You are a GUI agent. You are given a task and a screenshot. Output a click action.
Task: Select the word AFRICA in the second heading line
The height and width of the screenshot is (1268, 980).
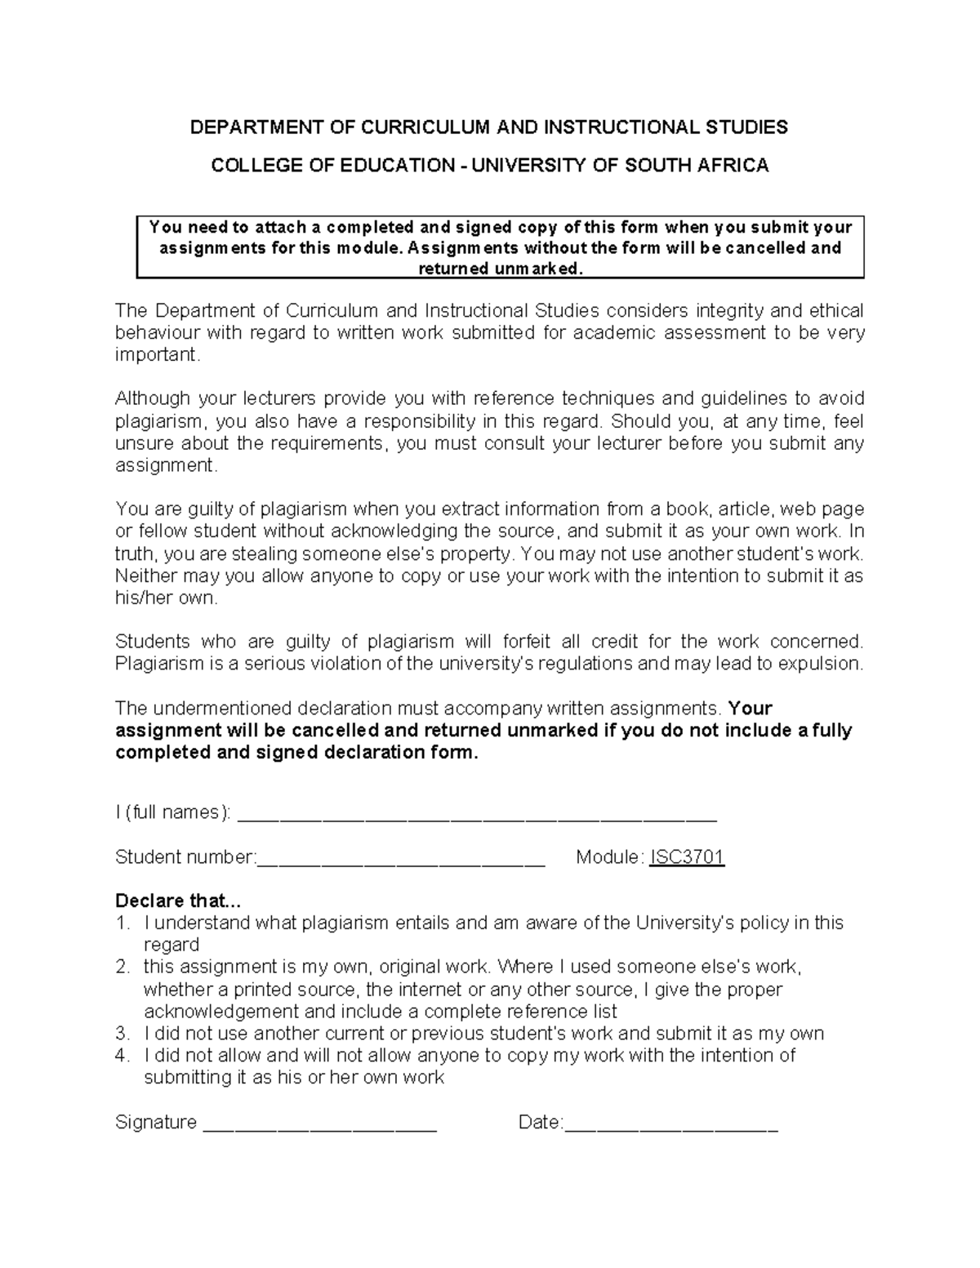coord(733,166)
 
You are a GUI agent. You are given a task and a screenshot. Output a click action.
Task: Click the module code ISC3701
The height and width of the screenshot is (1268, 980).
coord(687,857)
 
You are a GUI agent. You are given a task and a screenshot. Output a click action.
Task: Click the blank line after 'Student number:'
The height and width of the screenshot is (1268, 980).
coord(401,859)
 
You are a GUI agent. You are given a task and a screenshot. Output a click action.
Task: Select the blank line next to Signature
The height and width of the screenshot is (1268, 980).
coord(319,1124)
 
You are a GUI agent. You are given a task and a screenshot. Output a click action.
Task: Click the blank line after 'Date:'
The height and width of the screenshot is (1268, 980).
coord(671,1124)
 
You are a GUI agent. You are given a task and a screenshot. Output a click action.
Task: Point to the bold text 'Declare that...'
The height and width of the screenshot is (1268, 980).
coord(178,901)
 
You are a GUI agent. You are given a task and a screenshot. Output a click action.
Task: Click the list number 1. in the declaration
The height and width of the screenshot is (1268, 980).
coord(122,923)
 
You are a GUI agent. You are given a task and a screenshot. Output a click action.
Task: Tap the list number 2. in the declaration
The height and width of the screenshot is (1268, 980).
coord(122,968)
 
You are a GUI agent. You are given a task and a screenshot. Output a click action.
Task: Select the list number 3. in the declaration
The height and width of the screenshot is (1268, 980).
coord(122,1034)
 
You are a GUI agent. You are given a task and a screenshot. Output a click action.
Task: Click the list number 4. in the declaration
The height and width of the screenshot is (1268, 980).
coord(122,1056)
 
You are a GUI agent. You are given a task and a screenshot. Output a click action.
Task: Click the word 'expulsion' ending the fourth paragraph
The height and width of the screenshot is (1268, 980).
coord(822,664)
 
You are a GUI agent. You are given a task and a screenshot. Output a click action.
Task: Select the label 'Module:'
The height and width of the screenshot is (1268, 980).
coord(609,857)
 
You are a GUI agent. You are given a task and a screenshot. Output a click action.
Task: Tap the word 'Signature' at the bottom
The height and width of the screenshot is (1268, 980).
coord(156,1123)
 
